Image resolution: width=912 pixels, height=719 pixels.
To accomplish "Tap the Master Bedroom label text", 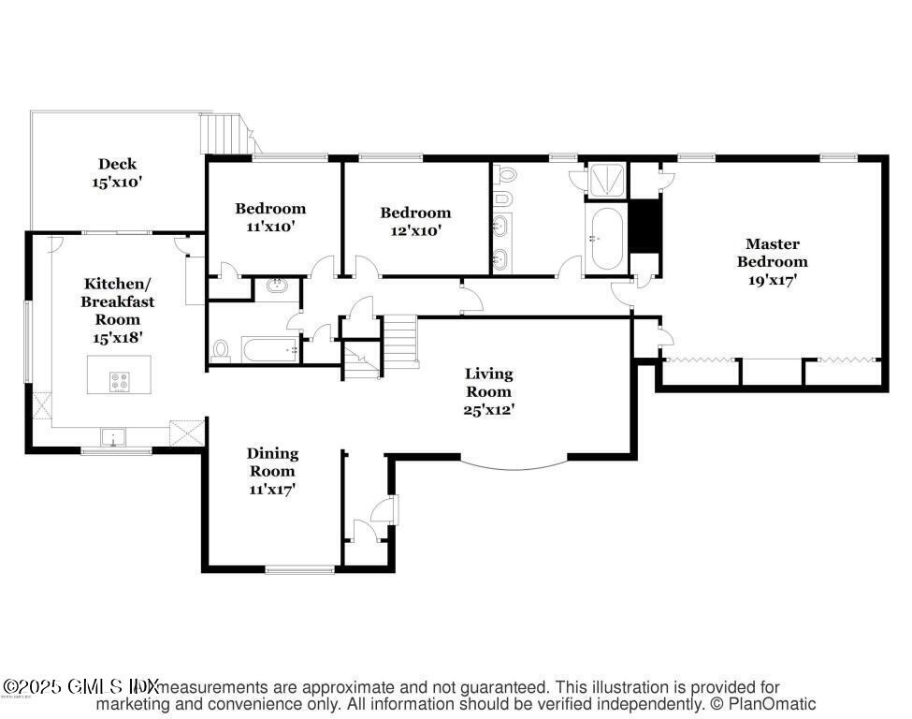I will point(772,261).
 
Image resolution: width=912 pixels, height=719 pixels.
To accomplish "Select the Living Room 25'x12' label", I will point(488,391).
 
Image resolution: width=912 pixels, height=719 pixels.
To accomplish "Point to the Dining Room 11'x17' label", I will point(272,470).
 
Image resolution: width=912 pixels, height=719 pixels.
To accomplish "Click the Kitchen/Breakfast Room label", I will point(118,310).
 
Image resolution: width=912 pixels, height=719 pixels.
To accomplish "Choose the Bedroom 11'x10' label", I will point(270,217).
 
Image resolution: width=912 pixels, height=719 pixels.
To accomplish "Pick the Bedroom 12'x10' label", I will point(415,221).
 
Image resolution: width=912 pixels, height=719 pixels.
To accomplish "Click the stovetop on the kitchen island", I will point(121,381).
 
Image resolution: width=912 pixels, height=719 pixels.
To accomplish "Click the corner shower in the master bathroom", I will point(608,180).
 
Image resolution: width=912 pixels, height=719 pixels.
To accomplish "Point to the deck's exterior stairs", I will point(227,134).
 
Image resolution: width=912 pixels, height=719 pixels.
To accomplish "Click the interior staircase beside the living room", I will point(401,341).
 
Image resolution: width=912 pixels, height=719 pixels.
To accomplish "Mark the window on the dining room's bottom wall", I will point(299,568).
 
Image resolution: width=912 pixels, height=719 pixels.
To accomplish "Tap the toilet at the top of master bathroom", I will point(506,175).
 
